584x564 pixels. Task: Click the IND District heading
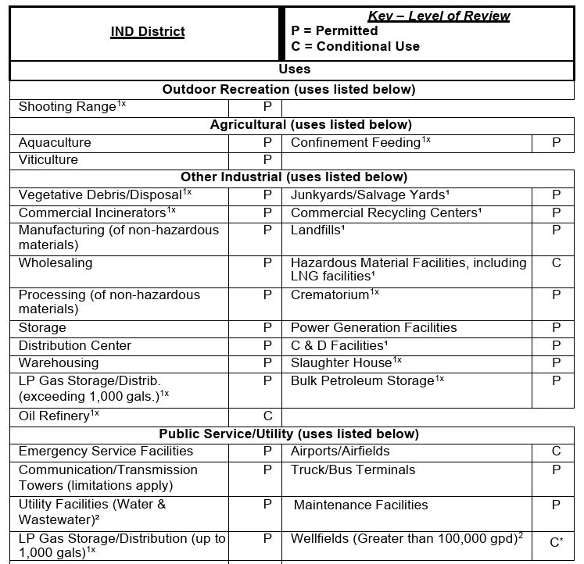pos(147,32)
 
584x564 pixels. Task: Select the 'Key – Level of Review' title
pos(439,16)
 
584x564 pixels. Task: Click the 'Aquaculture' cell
pos(55,142)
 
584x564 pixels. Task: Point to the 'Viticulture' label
pos(48,159)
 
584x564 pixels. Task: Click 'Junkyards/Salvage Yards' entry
pos(370,195)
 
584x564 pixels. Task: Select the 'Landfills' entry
pos(317,230)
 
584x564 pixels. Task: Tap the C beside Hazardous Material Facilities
pos(556,263)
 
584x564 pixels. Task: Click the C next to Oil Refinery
pos(267,416)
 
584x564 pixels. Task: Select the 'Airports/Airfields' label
pos(340,451)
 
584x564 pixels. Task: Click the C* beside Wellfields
pos(556,542)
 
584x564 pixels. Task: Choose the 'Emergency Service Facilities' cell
pos(106,451)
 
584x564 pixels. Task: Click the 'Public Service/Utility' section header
pos(288,434)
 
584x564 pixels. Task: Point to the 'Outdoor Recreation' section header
pos(288,89)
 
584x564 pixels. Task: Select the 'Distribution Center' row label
pos(75,345)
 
